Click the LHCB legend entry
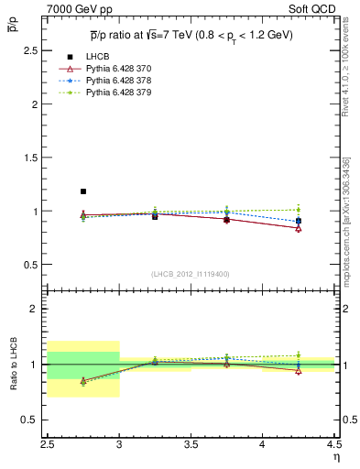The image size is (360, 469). [98, 58]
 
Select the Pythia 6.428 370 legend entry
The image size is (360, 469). [113, 69]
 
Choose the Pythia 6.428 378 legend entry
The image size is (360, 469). [113, 81]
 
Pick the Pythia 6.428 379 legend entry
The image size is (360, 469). [113, 93]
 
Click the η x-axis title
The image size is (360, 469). [336, 456]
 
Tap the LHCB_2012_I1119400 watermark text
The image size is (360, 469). [191, 274]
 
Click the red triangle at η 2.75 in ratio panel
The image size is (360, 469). [83, 381]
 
